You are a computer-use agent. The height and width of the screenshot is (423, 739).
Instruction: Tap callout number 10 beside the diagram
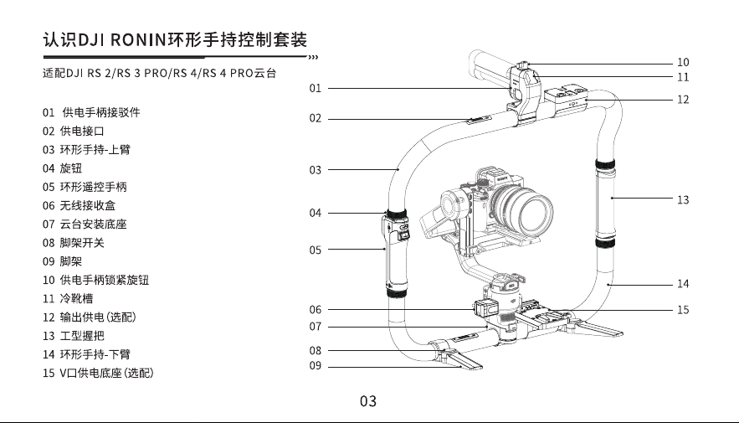683,62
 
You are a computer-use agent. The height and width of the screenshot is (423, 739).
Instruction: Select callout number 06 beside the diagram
316,310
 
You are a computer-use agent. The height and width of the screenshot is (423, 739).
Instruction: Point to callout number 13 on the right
683,200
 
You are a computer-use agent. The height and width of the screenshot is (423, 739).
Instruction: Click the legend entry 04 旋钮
62,168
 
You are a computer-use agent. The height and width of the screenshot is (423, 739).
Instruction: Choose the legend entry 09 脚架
62,261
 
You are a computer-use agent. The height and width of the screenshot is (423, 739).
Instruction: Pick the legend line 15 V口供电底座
98,373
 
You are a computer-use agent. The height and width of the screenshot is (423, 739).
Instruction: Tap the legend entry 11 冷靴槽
68,298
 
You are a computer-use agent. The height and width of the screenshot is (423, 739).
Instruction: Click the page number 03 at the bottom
368,401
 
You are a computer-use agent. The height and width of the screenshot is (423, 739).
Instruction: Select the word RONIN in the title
138,40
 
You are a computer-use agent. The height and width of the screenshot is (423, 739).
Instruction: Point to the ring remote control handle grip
395,253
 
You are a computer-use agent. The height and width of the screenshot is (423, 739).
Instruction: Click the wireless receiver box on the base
485,309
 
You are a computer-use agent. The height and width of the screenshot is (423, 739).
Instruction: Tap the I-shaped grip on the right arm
606,204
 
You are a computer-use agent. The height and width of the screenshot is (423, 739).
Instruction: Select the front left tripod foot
462,360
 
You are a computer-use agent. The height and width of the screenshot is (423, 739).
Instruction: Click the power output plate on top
566,99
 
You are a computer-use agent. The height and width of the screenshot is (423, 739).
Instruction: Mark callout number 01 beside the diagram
316,88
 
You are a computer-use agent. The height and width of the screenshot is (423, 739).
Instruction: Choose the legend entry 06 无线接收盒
80,205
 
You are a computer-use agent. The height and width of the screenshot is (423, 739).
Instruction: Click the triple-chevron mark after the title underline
313,58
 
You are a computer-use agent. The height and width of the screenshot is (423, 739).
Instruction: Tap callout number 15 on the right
683,310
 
